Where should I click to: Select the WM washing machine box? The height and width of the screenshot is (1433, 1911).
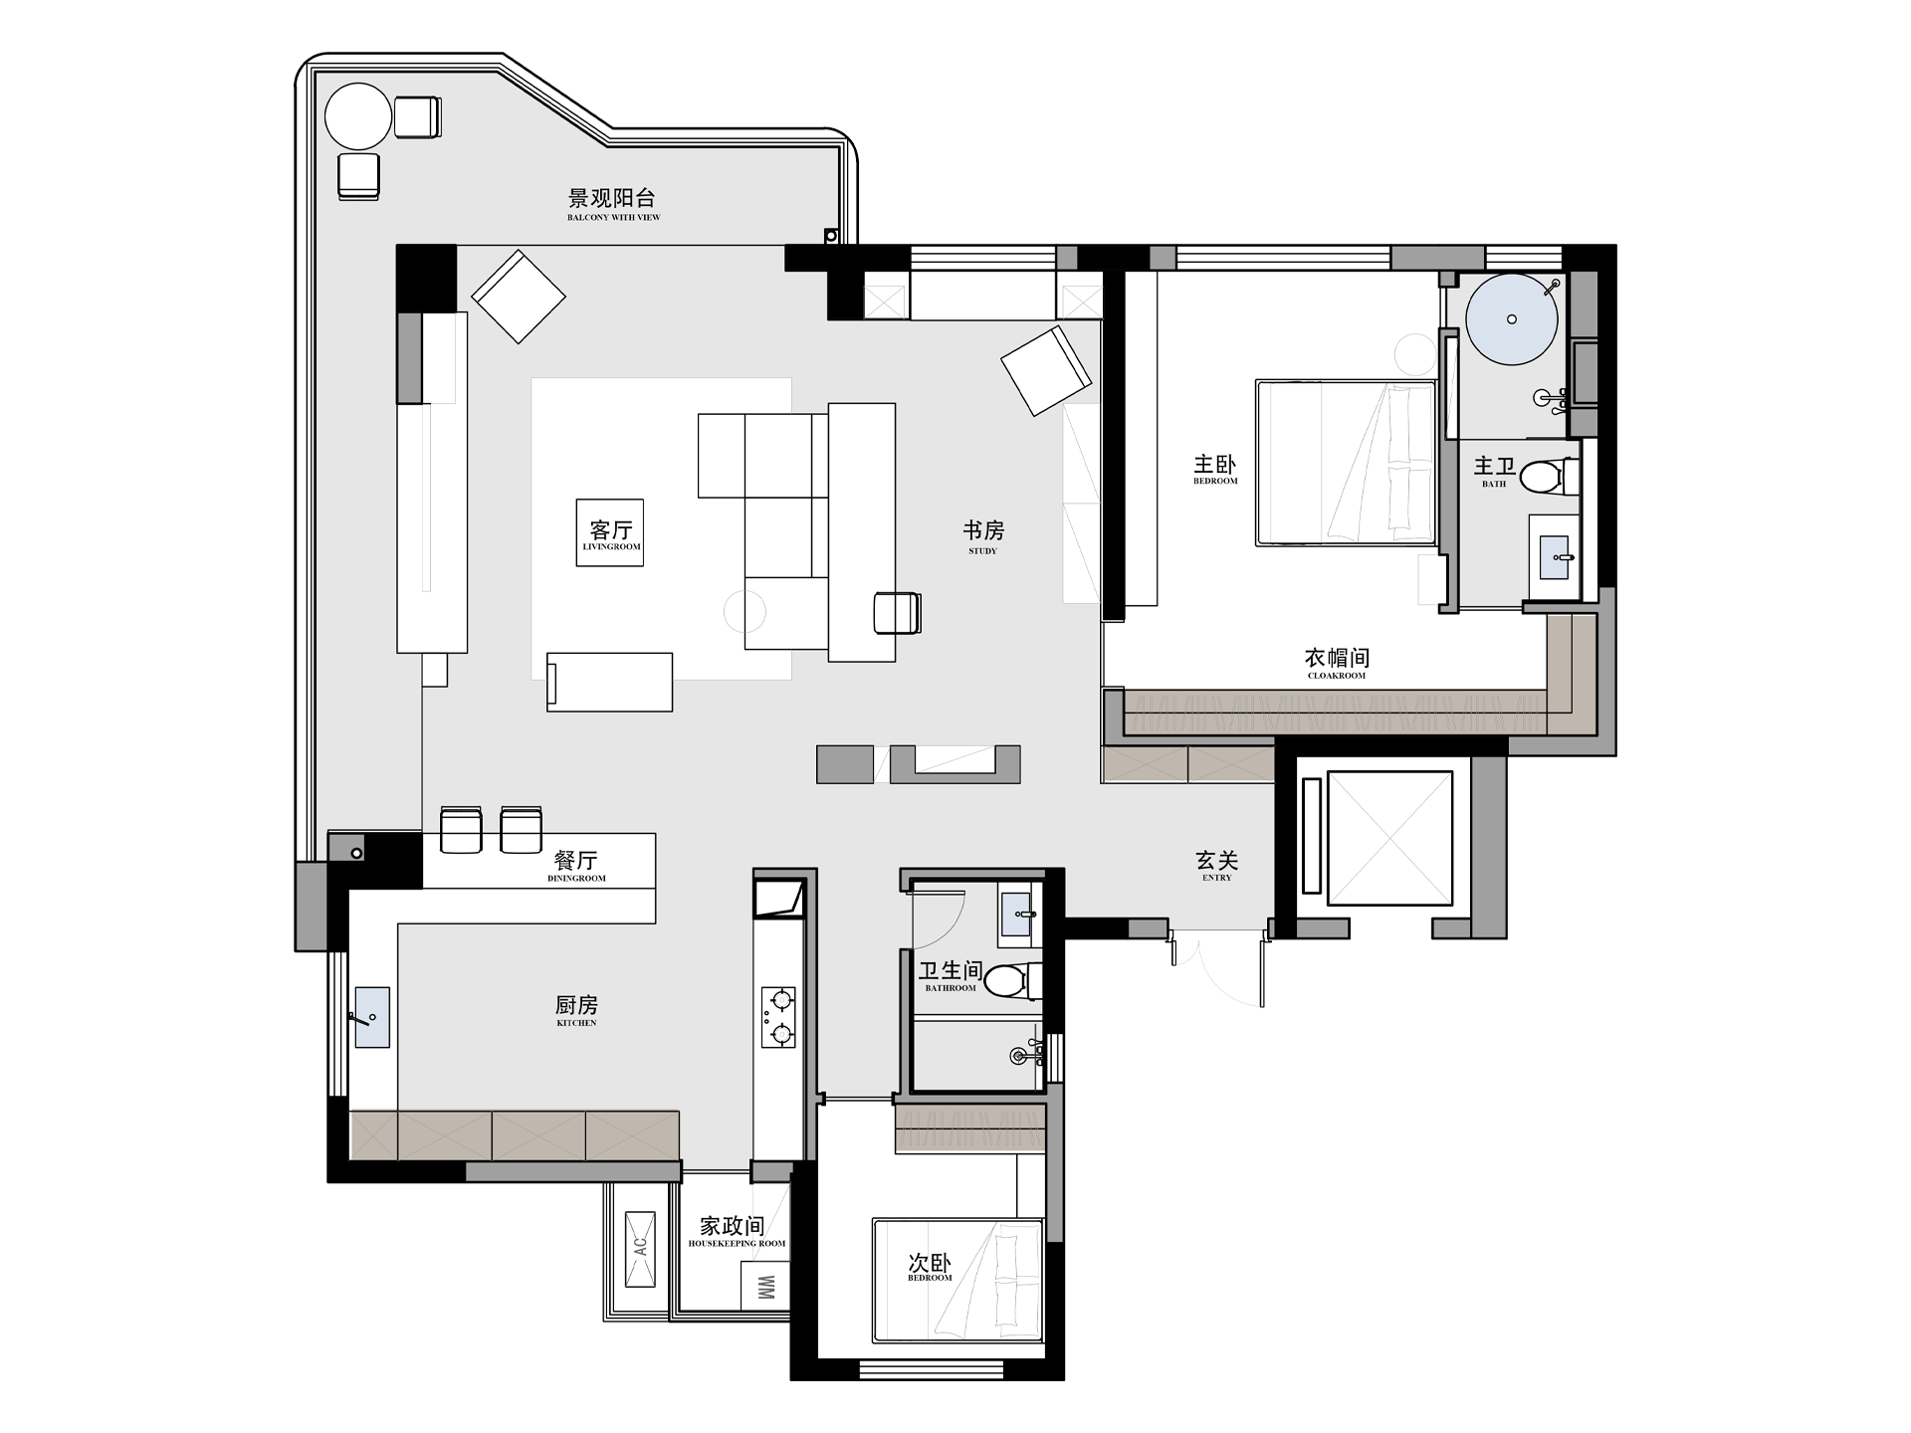(x=765, y=1287)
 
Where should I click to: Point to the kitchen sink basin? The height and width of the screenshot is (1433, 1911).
(x=372, y=1017)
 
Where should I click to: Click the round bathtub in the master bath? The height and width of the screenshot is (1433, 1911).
(x=1511, y=319)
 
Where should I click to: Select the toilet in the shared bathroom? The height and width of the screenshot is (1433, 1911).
(x=1012, y=981)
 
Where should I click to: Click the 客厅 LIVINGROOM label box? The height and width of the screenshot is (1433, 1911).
(x=610, y=532)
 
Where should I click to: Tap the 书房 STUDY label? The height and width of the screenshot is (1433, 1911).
(x=983, y=536)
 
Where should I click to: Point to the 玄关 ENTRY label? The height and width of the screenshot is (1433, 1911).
(x=1216, y=865)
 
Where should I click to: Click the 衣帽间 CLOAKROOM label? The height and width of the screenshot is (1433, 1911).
(x=1337, y=663)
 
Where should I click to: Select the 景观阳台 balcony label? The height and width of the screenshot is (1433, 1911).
(x=613, y=203)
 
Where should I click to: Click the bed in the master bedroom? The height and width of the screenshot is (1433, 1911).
(x=1347, y=462)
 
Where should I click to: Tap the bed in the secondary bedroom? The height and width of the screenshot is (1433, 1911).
(x=957, y=1281)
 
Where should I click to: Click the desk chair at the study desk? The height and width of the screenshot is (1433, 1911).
(x=897, y=612)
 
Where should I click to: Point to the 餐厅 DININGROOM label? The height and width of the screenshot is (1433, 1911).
(x=576, y=865)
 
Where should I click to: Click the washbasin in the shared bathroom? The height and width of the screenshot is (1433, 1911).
(x=1018, y=914)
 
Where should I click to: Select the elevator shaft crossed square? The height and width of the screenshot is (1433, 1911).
(x=1390, y=838)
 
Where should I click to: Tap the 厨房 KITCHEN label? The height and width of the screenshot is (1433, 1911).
(x=576, y=1010)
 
